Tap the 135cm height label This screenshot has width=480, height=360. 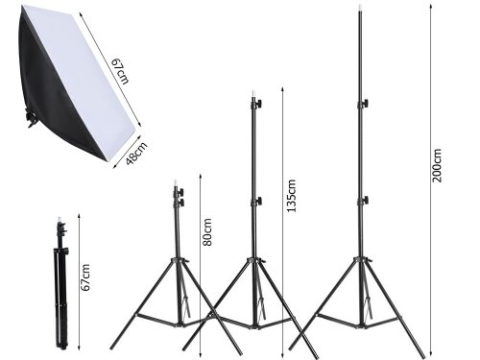tap(294, 196)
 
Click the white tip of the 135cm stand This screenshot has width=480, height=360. tap(256, 97)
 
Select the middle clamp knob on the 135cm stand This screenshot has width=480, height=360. tap(257, 200)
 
